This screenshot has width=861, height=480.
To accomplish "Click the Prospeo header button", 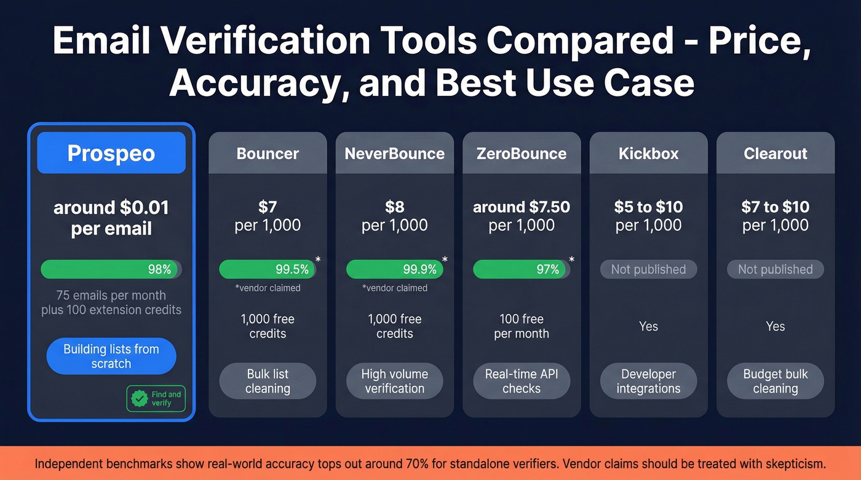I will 111,153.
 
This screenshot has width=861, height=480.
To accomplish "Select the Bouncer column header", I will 268,153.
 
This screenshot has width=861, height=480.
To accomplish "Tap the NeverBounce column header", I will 395,153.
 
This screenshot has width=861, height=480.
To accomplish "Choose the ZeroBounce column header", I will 522,153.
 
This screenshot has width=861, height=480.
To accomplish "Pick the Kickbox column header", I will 648,153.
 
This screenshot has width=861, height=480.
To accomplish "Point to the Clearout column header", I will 776,153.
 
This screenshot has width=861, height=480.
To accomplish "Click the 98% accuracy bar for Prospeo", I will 111,269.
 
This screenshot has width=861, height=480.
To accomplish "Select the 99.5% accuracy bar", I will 268,269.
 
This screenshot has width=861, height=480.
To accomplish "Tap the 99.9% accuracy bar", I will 394,269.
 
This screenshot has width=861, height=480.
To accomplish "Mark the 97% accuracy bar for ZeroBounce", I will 521,269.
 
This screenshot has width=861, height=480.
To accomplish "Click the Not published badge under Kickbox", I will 648,269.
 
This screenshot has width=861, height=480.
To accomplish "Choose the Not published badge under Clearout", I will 776,269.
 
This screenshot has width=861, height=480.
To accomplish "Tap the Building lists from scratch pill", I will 111,356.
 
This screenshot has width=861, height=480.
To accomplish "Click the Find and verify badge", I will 156,399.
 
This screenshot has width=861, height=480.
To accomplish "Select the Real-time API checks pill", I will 522,381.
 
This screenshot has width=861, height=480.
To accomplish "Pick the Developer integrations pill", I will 648,381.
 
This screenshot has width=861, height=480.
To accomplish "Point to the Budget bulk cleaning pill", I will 776,381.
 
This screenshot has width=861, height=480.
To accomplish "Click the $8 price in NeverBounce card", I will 395,207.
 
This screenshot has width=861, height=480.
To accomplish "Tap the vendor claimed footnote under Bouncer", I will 268,288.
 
